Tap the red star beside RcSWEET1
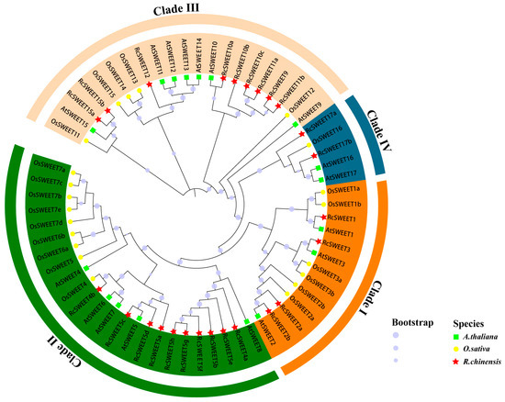click(x=323, y=217)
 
